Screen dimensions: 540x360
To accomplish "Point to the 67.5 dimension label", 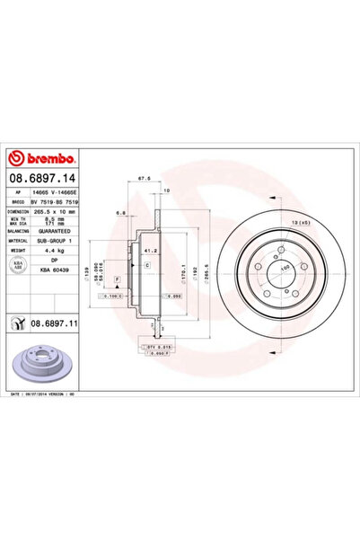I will pyautogui.click(x=143, y=178).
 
